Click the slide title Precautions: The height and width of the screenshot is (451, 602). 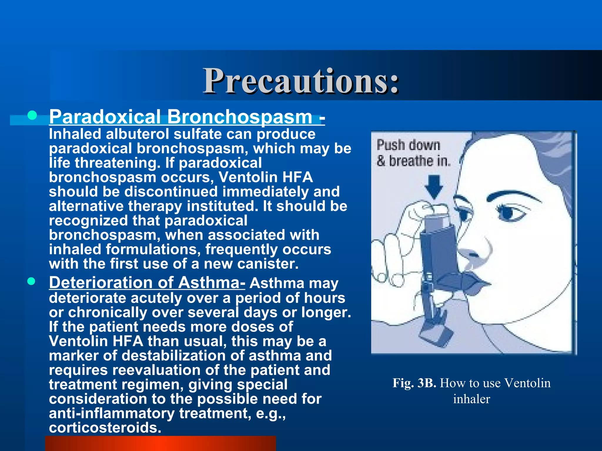coord(301,81)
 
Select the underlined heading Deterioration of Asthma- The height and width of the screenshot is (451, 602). coord(147,282)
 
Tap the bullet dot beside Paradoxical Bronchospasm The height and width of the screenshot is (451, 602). coord(32,115)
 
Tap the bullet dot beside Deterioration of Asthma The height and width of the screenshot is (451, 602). coord(31,282)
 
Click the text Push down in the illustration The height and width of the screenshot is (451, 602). coord(408,145)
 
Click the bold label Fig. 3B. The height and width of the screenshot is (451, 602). coord(414,383)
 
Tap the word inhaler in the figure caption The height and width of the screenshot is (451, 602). coord(471,399)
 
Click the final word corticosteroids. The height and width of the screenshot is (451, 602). coord(105,428)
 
